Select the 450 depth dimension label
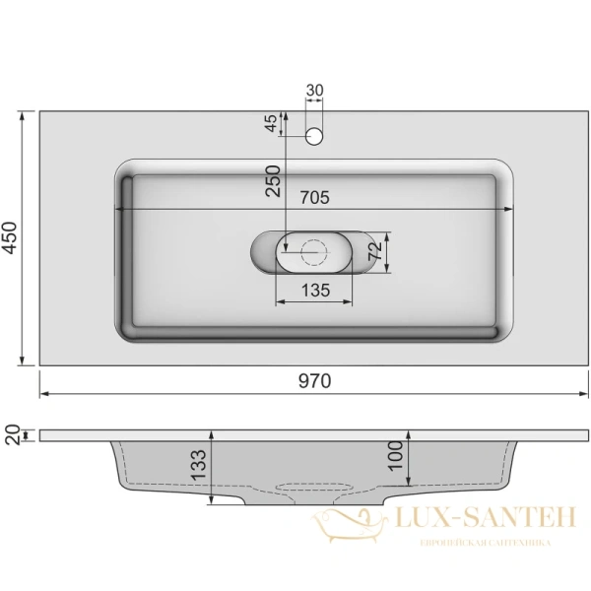pyautogui.click(x=10, y=238)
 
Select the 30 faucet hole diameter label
pyautogui.click(x=315, y=91)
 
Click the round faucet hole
pyautogui.click(x=315, y=135)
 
